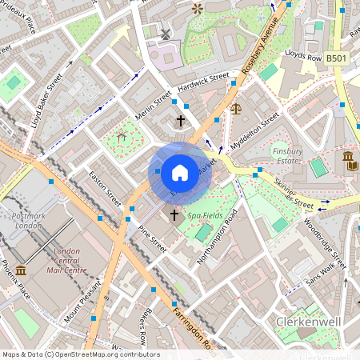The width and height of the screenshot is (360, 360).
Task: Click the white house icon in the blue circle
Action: tap(180, 172)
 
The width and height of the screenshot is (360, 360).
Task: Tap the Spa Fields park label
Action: tap(206, 216)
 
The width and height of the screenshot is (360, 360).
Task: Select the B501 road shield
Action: tap(337, 58)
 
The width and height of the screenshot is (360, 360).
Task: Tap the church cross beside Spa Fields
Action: tap(174, 215)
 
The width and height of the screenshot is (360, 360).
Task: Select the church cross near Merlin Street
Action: tap(180, 121)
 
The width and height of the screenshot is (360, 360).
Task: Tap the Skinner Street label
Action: tap(294, 190)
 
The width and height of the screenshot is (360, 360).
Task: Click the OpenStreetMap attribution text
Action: tap(80, 354)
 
